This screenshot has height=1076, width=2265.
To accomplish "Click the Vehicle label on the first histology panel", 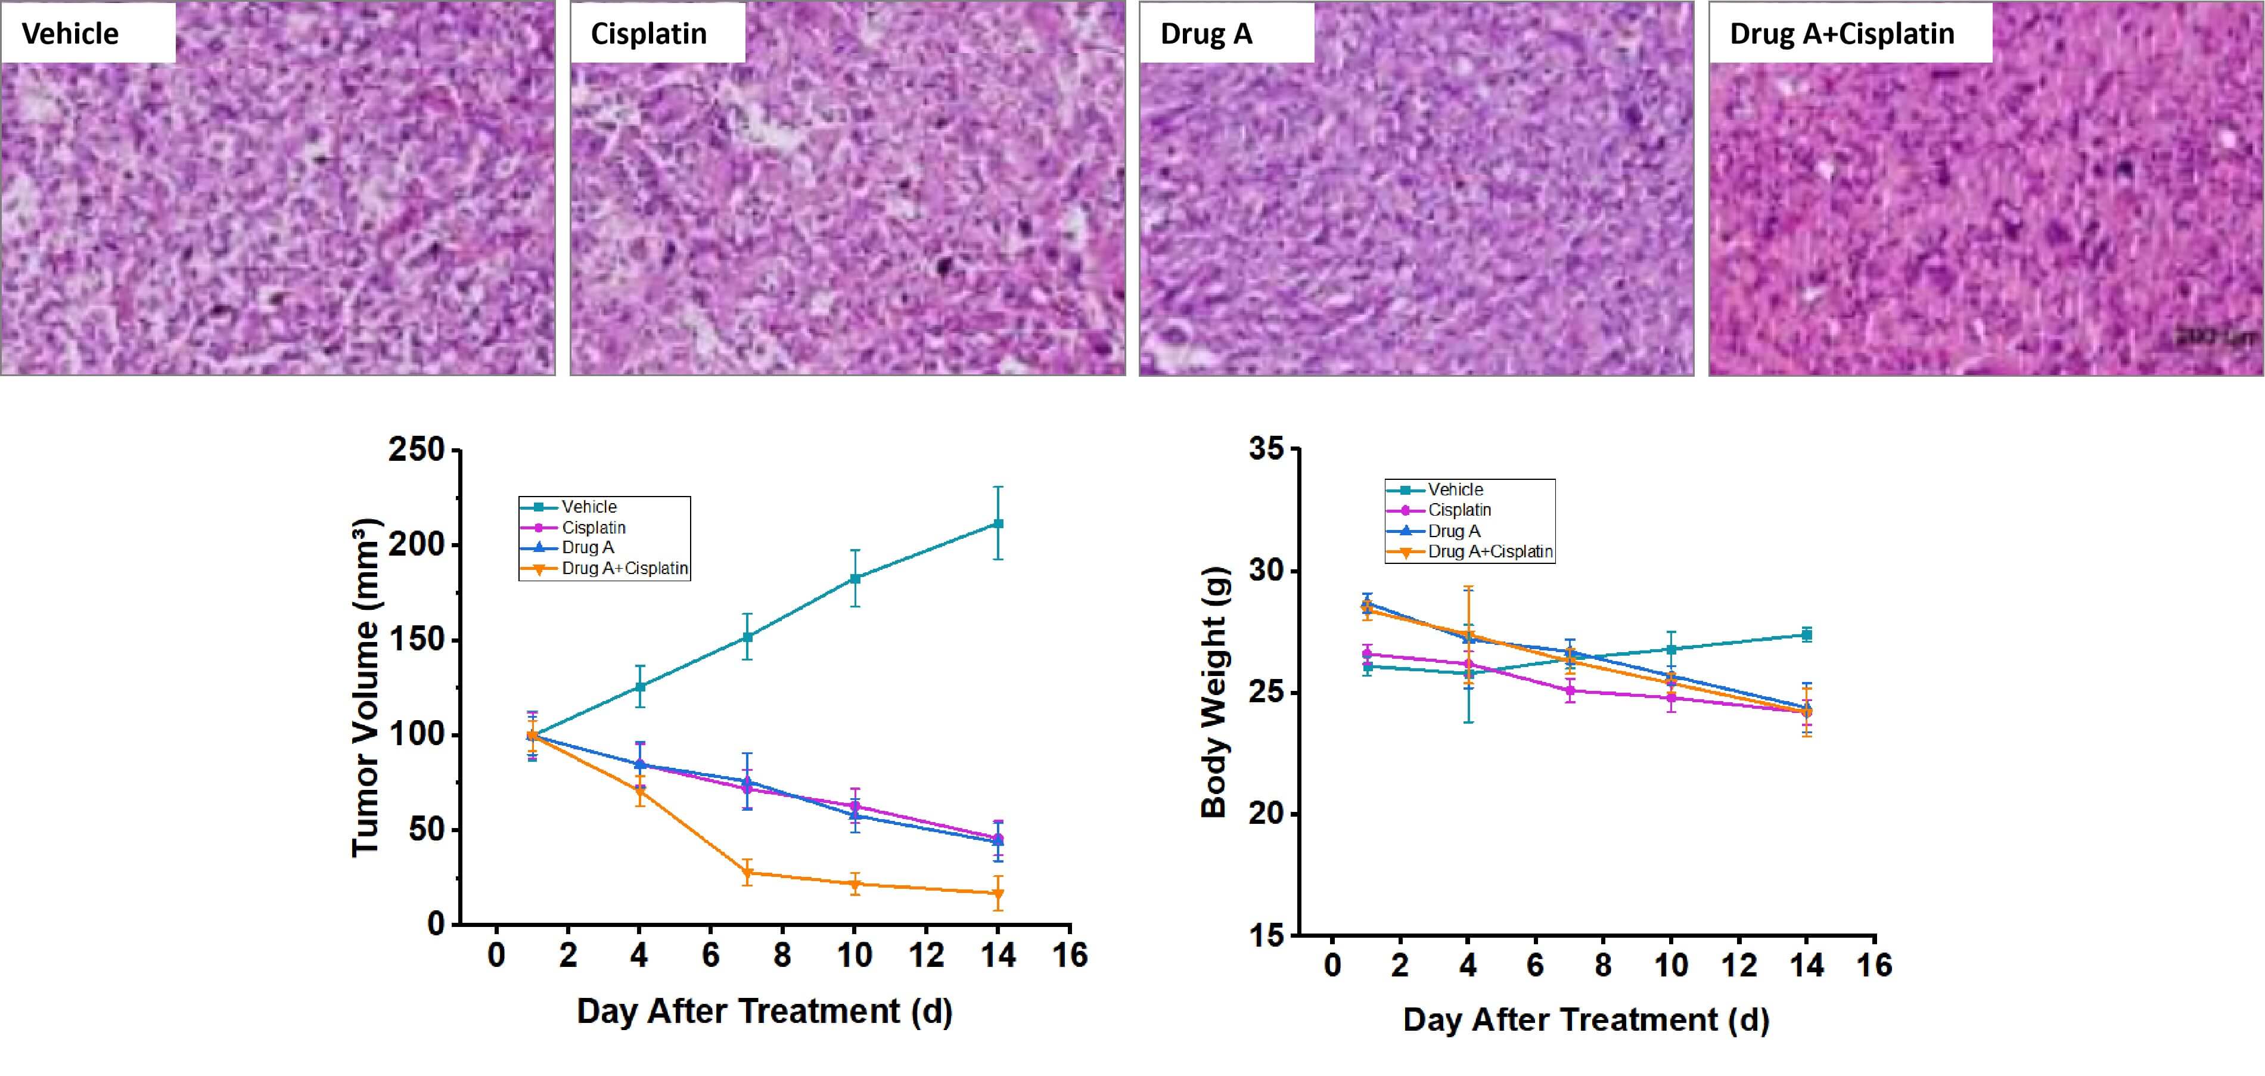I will tap(70, 33).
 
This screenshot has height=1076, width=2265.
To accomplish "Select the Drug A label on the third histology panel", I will tap(1205, 33).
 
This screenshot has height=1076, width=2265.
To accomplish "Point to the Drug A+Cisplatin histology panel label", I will tap(1842, 33).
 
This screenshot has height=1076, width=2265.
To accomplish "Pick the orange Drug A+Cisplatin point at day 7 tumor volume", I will tap(747, 873).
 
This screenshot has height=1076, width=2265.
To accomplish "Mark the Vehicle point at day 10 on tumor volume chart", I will tap(855, 578).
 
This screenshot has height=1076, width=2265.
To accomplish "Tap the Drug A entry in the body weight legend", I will tap(1453, 531).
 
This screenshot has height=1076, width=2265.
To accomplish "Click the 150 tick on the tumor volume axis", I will tap(418, 640).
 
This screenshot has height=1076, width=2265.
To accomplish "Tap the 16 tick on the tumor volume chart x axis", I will tap(1070, 956).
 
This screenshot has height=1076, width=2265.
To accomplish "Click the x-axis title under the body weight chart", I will tap(1585, 1020).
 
